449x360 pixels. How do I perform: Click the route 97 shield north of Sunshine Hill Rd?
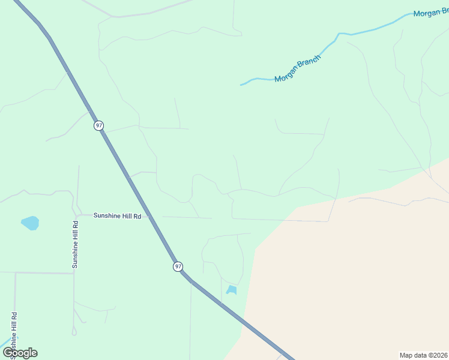point(99,125)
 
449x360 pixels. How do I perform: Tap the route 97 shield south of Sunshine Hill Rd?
point(178,266)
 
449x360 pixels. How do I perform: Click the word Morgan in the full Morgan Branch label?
point(286,75)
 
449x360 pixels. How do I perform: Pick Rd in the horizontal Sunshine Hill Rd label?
point(138,215)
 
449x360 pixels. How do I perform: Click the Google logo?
point(20,353)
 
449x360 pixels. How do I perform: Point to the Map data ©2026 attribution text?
point(424,355)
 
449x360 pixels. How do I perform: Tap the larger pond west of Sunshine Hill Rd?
point(30,223)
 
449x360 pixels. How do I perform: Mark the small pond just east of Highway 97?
point(232,290)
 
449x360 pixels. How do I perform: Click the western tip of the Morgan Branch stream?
point(241,85)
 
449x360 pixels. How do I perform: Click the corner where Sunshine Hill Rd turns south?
point(77,215)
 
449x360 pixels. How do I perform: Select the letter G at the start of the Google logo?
point(8,353)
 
